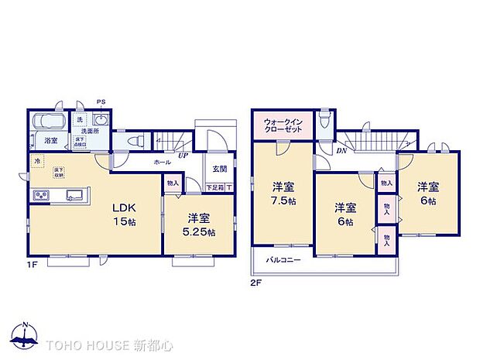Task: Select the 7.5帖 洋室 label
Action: pyautogui.click(x=283, y=194)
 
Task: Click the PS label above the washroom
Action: pyautogui.click(x=101, y=102)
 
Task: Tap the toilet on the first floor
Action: pyautogui.click(x=136, y=141)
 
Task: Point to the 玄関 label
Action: pyautogui.click(x=218, y=169)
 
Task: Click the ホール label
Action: pyautogui.click(x=163, y=163)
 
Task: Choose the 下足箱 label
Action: pyautogui.click(x=214, y=187)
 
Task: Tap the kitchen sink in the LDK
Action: pyautogui.click(x=75, y=194)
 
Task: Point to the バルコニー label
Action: pyautogui.click(x=284, y=261)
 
